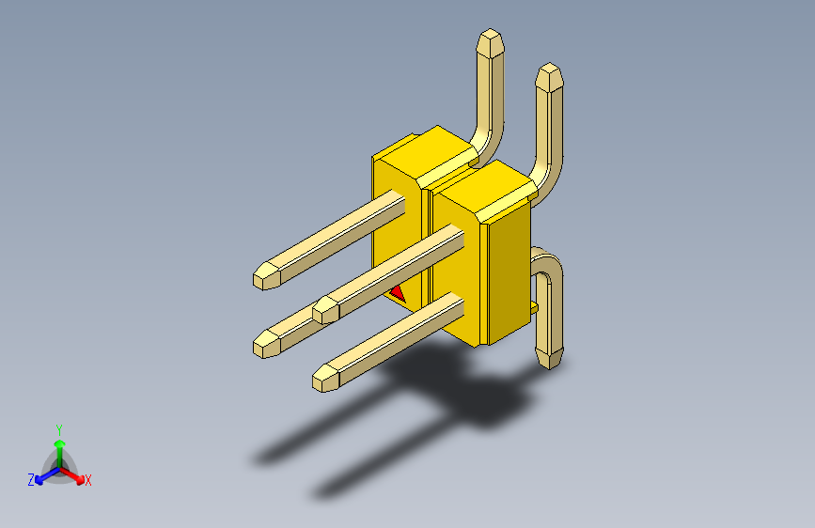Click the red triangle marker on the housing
click(398, 293)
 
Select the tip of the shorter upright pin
click(550, 74)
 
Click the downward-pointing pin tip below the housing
click(549, 357)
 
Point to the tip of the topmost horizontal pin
click(265, 275)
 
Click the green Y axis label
click(58, 428)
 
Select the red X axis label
click(88, 481)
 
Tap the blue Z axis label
click(31, 480)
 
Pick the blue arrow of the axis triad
click(42, 475)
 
